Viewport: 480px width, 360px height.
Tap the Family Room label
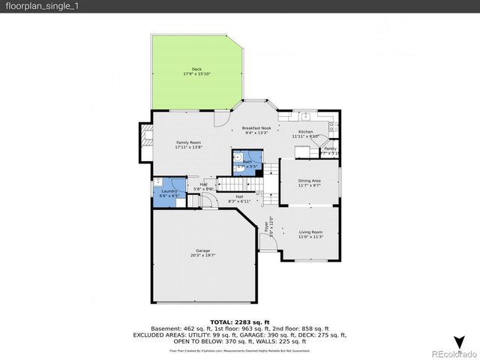(188, 142)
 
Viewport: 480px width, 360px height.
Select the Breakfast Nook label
(256, 128)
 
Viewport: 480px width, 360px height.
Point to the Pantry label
(330, 148)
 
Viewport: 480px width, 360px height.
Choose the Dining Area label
(310, 181)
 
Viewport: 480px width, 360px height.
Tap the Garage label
(202, 250)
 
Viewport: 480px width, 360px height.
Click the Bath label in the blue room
(247, 161)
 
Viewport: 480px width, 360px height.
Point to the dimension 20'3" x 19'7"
(202, 256)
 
